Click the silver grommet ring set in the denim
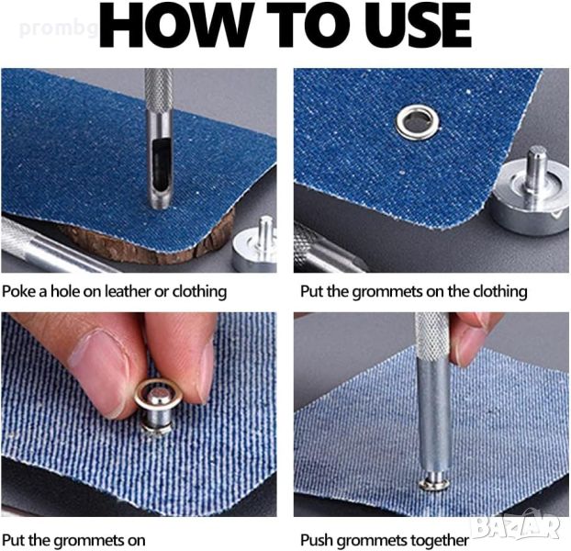coord(418,122)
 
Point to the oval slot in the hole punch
coord(159,162)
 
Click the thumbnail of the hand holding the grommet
coord(139,414)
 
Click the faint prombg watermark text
coord(58,28)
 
